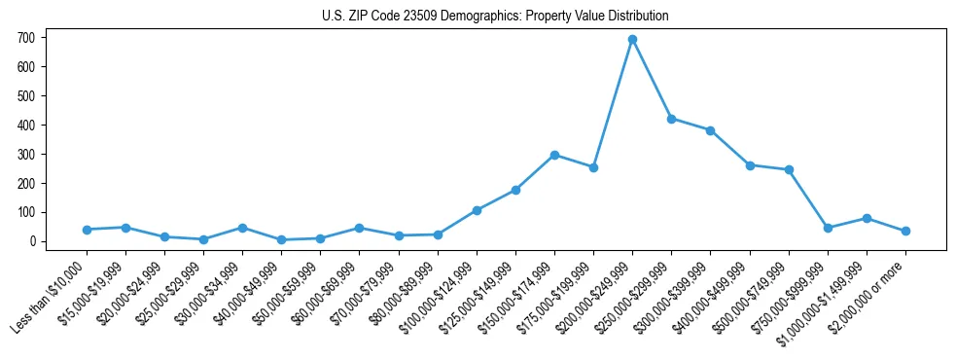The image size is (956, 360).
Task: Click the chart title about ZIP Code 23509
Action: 495,17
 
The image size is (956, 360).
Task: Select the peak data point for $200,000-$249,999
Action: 632,40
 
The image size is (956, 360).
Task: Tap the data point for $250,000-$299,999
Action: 671,119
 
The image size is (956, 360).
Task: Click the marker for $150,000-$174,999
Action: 554,155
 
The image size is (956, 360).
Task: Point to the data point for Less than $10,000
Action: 87,230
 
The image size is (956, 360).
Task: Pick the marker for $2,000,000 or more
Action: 905,231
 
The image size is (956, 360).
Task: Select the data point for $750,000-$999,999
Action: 828,228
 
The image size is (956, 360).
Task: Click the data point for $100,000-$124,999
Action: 477,210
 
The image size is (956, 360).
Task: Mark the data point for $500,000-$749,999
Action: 789,169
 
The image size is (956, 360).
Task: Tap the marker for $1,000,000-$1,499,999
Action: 867,218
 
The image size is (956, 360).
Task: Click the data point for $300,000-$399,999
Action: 711,130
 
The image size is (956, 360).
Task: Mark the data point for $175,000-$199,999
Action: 593,167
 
